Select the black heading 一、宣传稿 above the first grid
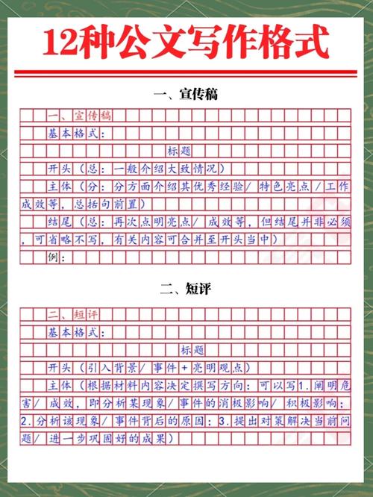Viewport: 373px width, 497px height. point(186,96)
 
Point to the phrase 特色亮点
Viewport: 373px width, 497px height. point(287,187)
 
